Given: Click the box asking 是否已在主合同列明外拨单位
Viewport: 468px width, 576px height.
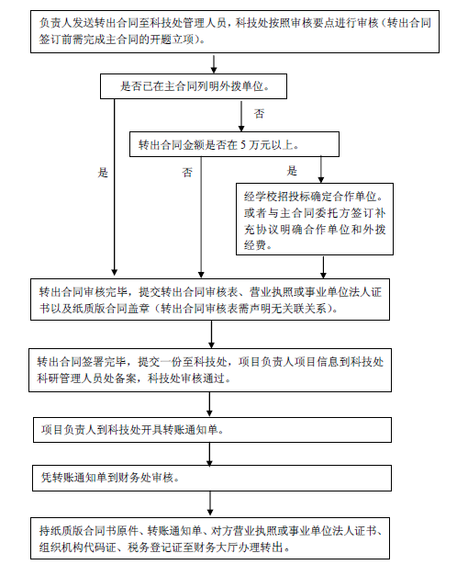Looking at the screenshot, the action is coord(194,86).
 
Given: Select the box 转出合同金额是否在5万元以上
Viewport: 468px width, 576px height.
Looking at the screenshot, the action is coord(234,144).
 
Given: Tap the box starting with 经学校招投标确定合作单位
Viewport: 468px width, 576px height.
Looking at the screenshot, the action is coord(315,220).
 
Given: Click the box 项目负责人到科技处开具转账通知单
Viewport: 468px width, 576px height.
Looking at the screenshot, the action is coord(212,430).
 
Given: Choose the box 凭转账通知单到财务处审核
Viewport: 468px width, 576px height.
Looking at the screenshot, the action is coord(212,478).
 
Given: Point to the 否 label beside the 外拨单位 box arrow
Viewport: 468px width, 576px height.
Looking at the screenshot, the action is coord(259,114).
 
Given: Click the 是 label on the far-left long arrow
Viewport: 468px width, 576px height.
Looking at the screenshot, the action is coord(103,173).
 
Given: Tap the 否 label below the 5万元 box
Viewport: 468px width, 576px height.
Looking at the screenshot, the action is coord(187,173).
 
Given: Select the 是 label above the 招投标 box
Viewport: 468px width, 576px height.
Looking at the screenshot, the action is coord(292,171).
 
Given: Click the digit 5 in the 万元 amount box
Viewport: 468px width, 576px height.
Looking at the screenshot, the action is coord(243,145).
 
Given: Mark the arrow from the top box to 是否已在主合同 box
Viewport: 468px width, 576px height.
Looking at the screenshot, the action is coord(214,64).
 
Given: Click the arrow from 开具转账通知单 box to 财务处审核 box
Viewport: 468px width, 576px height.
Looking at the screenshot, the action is coord(209,455).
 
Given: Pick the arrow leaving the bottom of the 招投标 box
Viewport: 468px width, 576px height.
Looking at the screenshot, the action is coord(323,267).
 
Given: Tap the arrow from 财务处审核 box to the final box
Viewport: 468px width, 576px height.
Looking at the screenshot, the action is coord(210,503).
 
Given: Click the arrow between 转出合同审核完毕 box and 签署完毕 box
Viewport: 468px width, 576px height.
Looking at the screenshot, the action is coord(211,334).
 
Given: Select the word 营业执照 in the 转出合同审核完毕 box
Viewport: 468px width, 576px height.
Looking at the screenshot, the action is coord(272,292).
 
